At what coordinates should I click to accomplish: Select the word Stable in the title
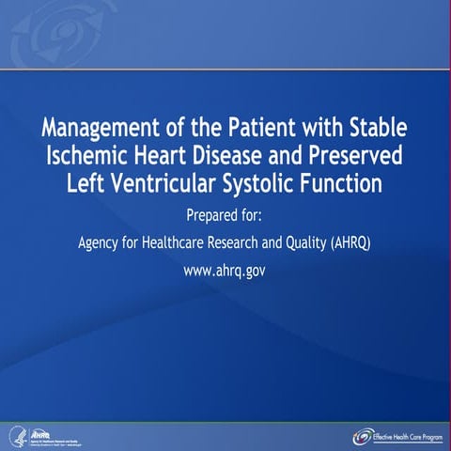pos(378,127)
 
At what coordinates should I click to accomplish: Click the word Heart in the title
pos(170,153)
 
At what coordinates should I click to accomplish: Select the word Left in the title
pos(86,179)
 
